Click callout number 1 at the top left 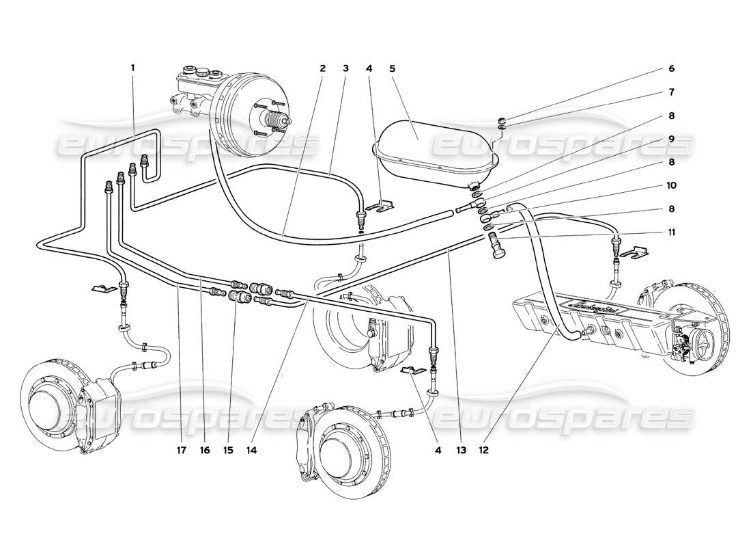[x=133, y=68]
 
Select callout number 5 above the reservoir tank [x=392, y=68]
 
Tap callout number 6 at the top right [x=671, y=68]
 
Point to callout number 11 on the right [x=672, y=232]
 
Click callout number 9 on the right [x=672, y=139]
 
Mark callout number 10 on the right [x=672, y=185]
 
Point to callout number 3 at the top [x=346, y=68]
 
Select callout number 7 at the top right [x=672, y=91]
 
